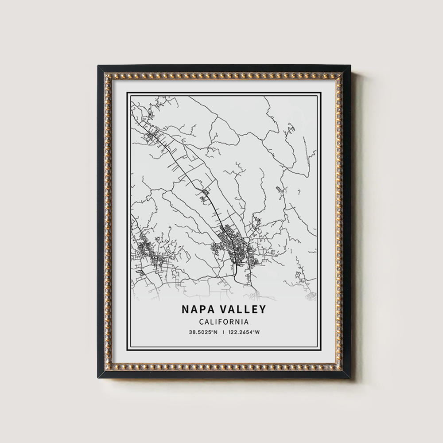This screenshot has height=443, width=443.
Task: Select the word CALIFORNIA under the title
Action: pyautogui.click(x=223, y=322)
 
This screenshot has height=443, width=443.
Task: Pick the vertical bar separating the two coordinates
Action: pyautogui.click(x=224, y=332)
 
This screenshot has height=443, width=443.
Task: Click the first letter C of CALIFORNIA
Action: pyautogui.click(x=202, y=322)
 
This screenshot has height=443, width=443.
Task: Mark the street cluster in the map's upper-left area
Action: pyautogui.click(x=153, y=135)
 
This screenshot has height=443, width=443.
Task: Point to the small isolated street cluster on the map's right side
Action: pyautogui.click(x=279, y=190)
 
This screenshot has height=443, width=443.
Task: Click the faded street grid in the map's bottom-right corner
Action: pyautogui.click(x=308, y=290)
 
